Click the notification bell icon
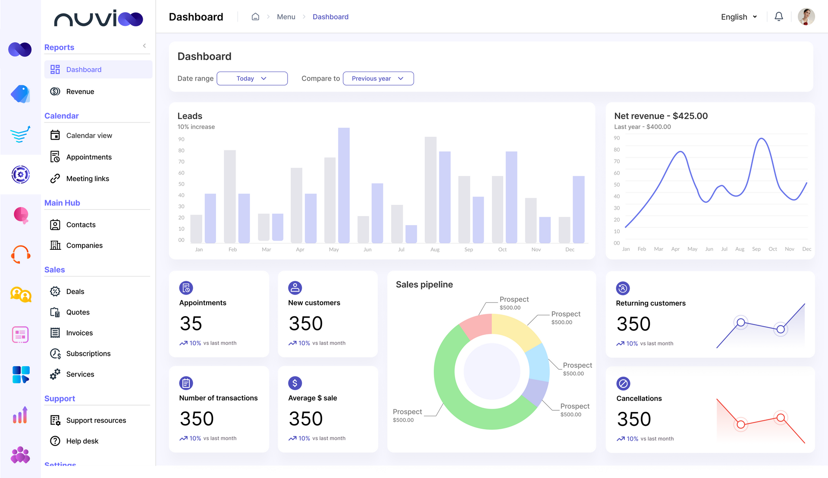[x=778, y=17]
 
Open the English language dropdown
[x=739, y=17]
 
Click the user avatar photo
[x=806, y=17]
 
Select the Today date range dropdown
[x=252, y=79]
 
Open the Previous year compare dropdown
[x=378, y=79]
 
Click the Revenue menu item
[x=80, y=91]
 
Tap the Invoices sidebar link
[x=79, y=333]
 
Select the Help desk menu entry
[x=82, y=441]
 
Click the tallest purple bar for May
[x=344, y=186]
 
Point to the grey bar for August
[x=430, y=190]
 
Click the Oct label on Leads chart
[x=502, y=249]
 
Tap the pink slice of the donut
[x=475, y=326]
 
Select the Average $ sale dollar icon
[x=295, y=383]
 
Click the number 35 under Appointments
[x=191, y=324]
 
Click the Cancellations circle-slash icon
[x=623, y=384]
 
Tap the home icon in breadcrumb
[x=255, y=17]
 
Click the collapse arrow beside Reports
[x=144, y=46]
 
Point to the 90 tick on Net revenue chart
[x=617, y=138]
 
